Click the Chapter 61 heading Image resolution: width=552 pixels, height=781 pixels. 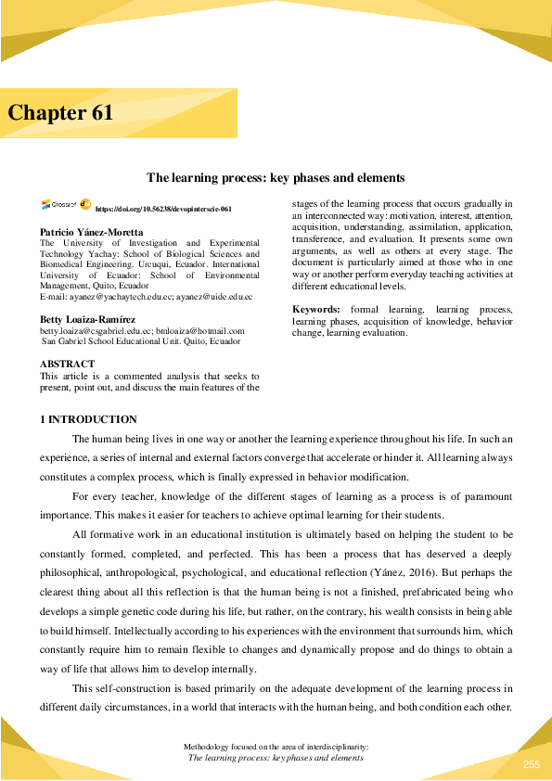[61, 113]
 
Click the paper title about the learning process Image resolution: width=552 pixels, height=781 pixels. [276, 177]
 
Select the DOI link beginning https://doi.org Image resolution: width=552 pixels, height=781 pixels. [163, 210]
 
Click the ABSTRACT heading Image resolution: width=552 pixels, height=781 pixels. [67, 364]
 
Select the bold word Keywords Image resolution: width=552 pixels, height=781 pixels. [315, 309]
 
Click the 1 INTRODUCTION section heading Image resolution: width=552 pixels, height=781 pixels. [88, 420]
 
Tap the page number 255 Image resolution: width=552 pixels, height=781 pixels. [531, 763]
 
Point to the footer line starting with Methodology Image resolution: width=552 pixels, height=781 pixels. [276, 746]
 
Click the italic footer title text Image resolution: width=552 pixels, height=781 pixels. [276, 758]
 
